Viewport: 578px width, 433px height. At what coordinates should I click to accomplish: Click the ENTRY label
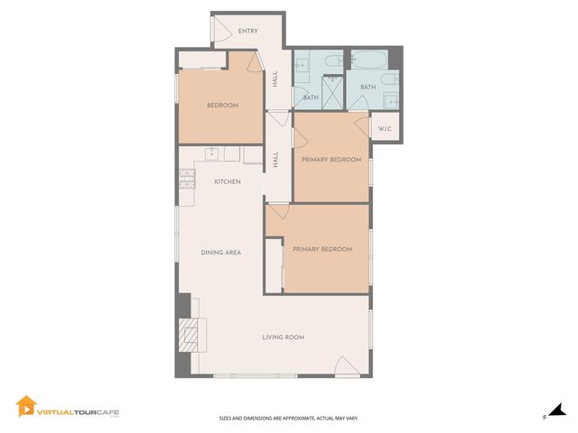click(x=247, y=32)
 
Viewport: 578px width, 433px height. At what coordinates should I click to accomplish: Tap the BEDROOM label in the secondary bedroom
click(x=222, y=106)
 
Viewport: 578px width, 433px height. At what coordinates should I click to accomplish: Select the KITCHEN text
click(x=227, y=182)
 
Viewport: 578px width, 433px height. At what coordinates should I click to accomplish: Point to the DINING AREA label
click(x=220, y=253)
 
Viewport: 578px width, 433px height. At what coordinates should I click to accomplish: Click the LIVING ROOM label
click(x=283, y=337)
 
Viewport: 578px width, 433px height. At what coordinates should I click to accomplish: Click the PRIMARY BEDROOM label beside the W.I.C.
click(x=331, y=160)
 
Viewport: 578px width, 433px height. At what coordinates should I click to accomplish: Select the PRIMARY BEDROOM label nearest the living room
click(x=322, y=249)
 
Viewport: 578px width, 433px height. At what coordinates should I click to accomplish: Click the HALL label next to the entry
click(x=275, y=79)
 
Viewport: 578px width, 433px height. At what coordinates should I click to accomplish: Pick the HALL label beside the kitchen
click(x=275, y=159)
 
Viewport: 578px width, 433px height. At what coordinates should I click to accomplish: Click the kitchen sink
click(x=211, y=152)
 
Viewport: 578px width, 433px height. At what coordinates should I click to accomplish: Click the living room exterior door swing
click(x=348, y=366)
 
